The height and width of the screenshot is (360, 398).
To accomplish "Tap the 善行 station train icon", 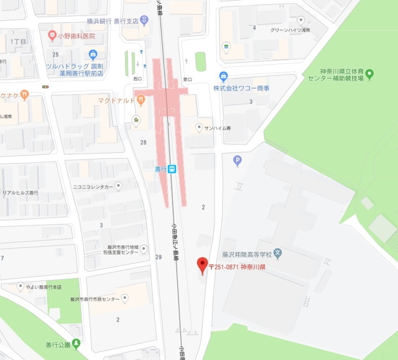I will (x=172, y=168).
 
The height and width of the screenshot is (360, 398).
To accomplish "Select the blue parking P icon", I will (x=237, y=161).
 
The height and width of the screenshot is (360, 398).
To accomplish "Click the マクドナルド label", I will (x=116, y=99).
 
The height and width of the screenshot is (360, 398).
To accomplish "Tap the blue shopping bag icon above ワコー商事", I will (x=223, y=77).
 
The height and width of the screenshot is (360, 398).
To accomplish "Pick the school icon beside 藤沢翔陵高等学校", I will (x=278, y=254).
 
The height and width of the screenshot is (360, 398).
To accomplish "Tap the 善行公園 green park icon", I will (x=76, y=343).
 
